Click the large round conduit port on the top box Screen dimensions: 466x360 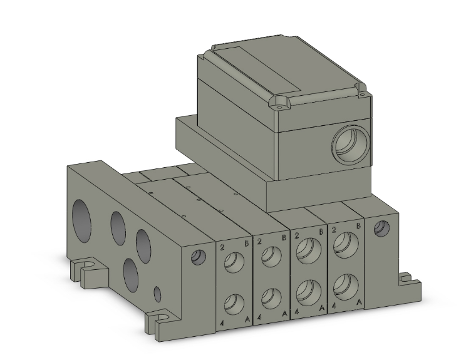[351, 144]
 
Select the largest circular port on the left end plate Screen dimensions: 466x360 [81, 220]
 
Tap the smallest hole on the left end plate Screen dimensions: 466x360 [157, 294]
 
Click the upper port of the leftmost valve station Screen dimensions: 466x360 [234, 262]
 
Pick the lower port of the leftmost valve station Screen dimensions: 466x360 [234, 304]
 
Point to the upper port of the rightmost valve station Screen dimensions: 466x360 [346, 245]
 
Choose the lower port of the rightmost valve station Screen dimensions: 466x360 [346, 287]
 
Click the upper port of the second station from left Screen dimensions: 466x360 [271, 256]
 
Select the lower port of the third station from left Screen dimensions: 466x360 [309, 293]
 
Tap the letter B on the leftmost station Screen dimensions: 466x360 [246, 244]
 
